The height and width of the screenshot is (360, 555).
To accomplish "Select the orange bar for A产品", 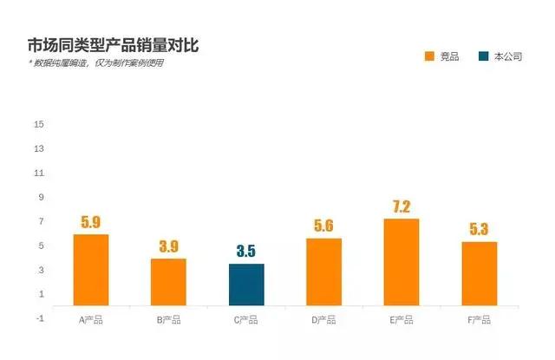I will pos(91,270).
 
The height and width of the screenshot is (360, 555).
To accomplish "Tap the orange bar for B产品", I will pos(168,282).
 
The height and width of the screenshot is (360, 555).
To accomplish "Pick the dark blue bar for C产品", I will pos(246,285).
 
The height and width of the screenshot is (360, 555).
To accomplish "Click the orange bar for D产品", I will pos(323,272).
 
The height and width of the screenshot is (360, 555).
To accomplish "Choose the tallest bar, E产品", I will pos(402,262).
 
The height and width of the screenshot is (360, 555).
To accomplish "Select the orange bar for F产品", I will pos(479,273).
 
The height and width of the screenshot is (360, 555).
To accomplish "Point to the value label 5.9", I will pos(91,222).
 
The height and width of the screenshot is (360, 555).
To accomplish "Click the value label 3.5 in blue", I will pos(246,252).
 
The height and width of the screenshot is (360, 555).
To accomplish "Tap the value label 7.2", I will pos(402,206).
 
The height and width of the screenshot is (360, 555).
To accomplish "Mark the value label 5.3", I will pos(479,230).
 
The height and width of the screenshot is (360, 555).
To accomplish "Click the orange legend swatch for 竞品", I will pos(429,56).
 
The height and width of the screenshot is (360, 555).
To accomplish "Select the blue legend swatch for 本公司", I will pos(483,56).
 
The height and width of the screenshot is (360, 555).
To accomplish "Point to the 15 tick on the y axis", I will pos(39,124).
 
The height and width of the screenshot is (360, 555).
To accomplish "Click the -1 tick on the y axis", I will pos(39,318).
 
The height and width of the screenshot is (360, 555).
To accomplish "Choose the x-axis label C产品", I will pos(246,320).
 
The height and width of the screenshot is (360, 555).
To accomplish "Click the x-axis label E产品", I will pos(402,320).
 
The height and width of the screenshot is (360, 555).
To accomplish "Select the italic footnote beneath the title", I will pos(95,63).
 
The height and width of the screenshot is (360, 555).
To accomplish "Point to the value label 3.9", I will pos(168,246).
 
